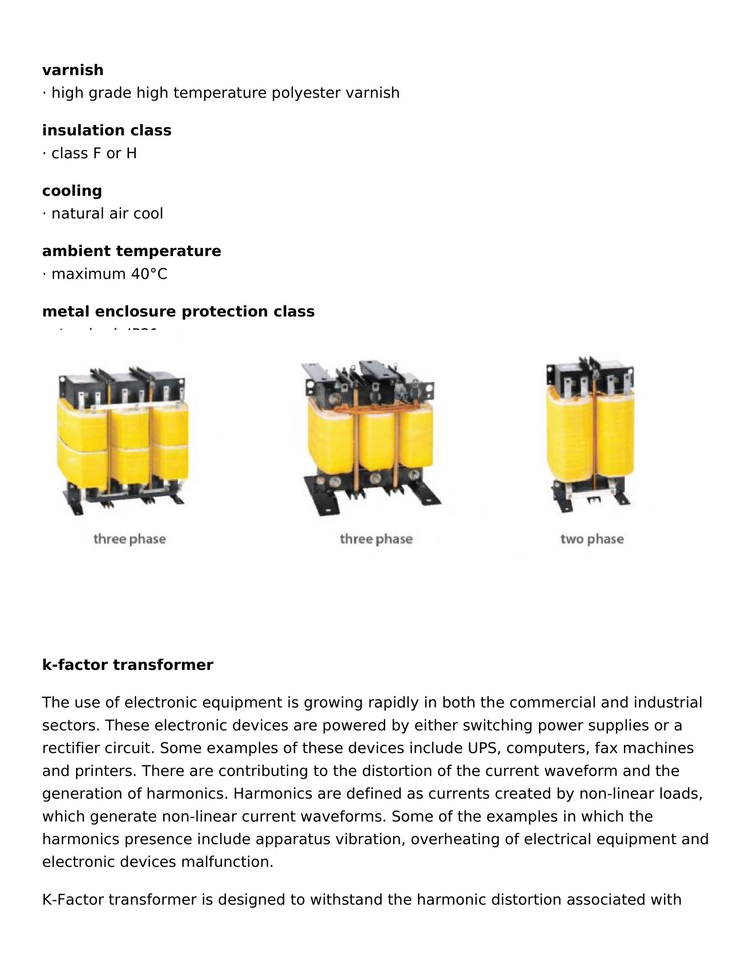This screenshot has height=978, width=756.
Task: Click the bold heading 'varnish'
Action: click(x=72, y=70)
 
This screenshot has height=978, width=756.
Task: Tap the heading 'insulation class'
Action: click(x=107, y=130)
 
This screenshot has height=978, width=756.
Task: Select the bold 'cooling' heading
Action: click(x=72, y=191)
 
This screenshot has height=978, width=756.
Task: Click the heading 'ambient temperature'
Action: click(x=131, y=251)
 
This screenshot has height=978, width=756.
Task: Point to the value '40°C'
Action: click(x=149, y=273)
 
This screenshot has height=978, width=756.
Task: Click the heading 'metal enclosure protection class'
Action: click(x=178, y=311)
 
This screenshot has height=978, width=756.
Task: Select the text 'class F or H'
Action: click(x=94, y=153)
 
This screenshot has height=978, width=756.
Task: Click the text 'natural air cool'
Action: click(x=107, y=213)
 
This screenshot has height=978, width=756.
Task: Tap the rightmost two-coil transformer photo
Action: click(x=590, y=434)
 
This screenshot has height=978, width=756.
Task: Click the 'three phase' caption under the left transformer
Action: click(x=129, y=539)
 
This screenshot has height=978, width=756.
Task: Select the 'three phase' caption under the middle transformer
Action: click(x=376, y=539)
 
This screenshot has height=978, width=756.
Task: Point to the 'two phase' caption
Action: click(x=591, y=539)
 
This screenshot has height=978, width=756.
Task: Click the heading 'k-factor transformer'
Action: click(x=128, y=665)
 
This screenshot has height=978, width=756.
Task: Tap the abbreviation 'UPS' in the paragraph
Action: click(x=483, y=748)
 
